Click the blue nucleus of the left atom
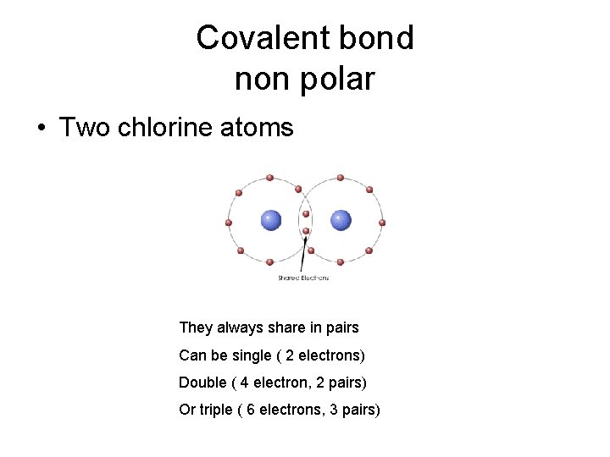270,221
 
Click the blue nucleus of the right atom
341,221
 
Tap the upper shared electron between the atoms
306,213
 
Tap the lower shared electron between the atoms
306,230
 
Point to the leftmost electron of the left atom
228,223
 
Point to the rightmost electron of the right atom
383,223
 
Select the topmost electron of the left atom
269,178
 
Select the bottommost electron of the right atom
340,262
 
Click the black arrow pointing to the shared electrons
304,254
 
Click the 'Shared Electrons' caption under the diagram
302,278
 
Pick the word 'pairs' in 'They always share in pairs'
341,328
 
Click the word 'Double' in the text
202,383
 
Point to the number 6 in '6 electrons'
251,410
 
